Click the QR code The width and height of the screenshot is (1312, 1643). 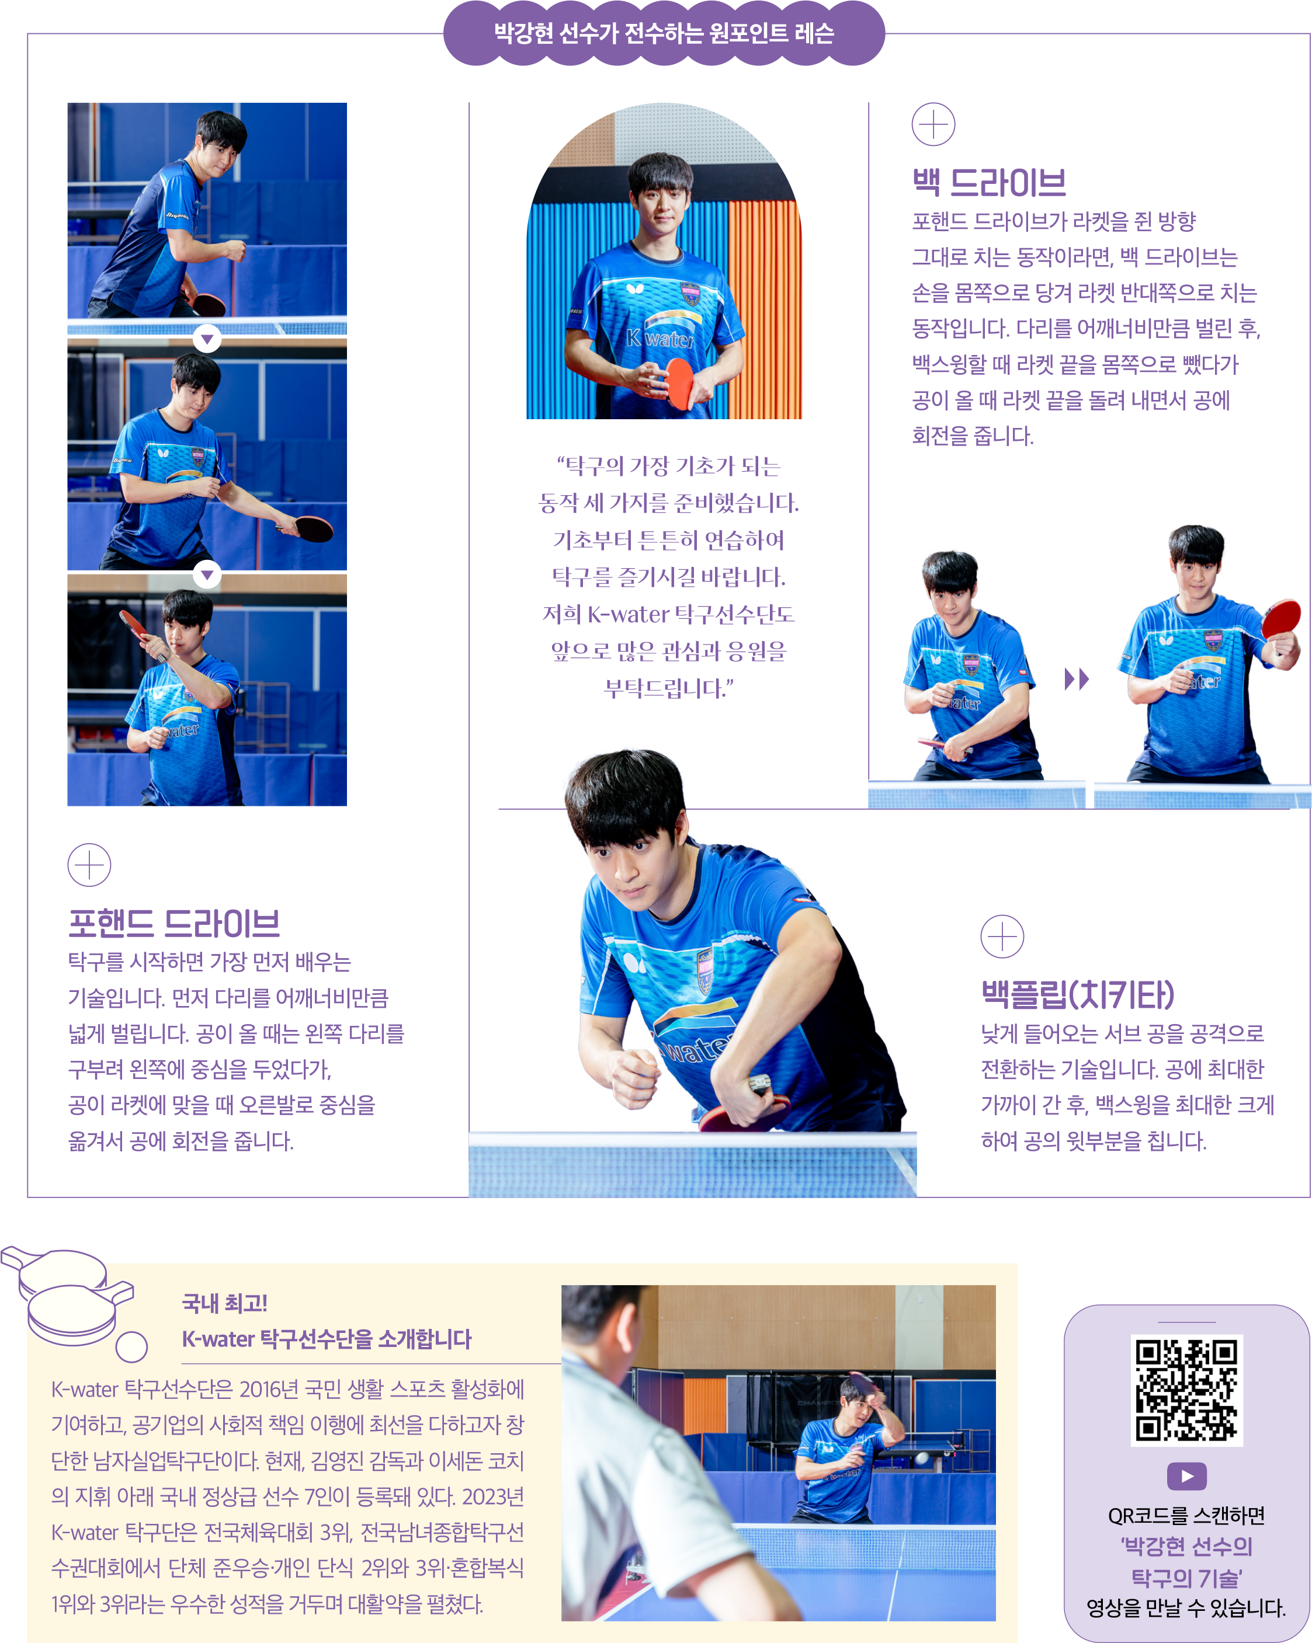pyautogui.click(x=1186, y=1390)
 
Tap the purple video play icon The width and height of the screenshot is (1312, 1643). pyautogui.click(x=1186, y=1476)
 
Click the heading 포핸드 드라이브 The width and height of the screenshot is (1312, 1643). pyautogui.click(x=174, y=924)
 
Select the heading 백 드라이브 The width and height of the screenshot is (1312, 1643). pyautogui.click(x=989, y=182)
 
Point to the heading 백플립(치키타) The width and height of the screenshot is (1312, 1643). pyautogui.click(x=1077, y=994)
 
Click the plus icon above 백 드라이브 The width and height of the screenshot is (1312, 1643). pyautogui.click(x=933, y=124)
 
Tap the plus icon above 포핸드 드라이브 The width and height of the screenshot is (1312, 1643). pyautogui.click(x=89, y=865)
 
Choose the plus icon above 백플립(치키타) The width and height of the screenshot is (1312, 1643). pyautogui.click(x=1002, y=936)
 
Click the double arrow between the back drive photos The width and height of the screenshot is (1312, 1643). pyautogui.click(x=1077, y=678)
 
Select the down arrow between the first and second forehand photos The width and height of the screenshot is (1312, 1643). pyautogui.click(x=207, y=339)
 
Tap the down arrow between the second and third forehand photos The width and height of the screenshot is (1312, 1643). pyautogui.click(x=207, y=574)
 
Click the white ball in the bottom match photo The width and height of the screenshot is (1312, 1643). pyautogui.click(x=922, y=1458)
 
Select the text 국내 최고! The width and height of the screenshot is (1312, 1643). pyautogui.click(x=224, y=1303)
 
